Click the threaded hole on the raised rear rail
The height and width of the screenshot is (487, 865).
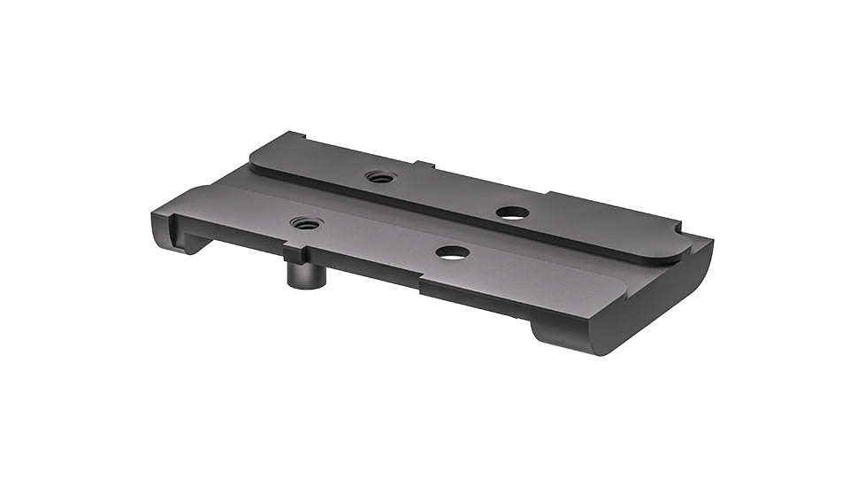[x=379, y=176]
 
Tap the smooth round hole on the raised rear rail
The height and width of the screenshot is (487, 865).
[x=512, y=213]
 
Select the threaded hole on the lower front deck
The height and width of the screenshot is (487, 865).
[x=306, y=222]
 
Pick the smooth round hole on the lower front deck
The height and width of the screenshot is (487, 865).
[x=452, y=252]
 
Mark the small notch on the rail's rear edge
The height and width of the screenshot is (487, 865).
[x=425, y=164]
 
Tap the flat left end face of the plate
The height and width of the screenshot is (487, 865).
[x=159, y=221]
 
